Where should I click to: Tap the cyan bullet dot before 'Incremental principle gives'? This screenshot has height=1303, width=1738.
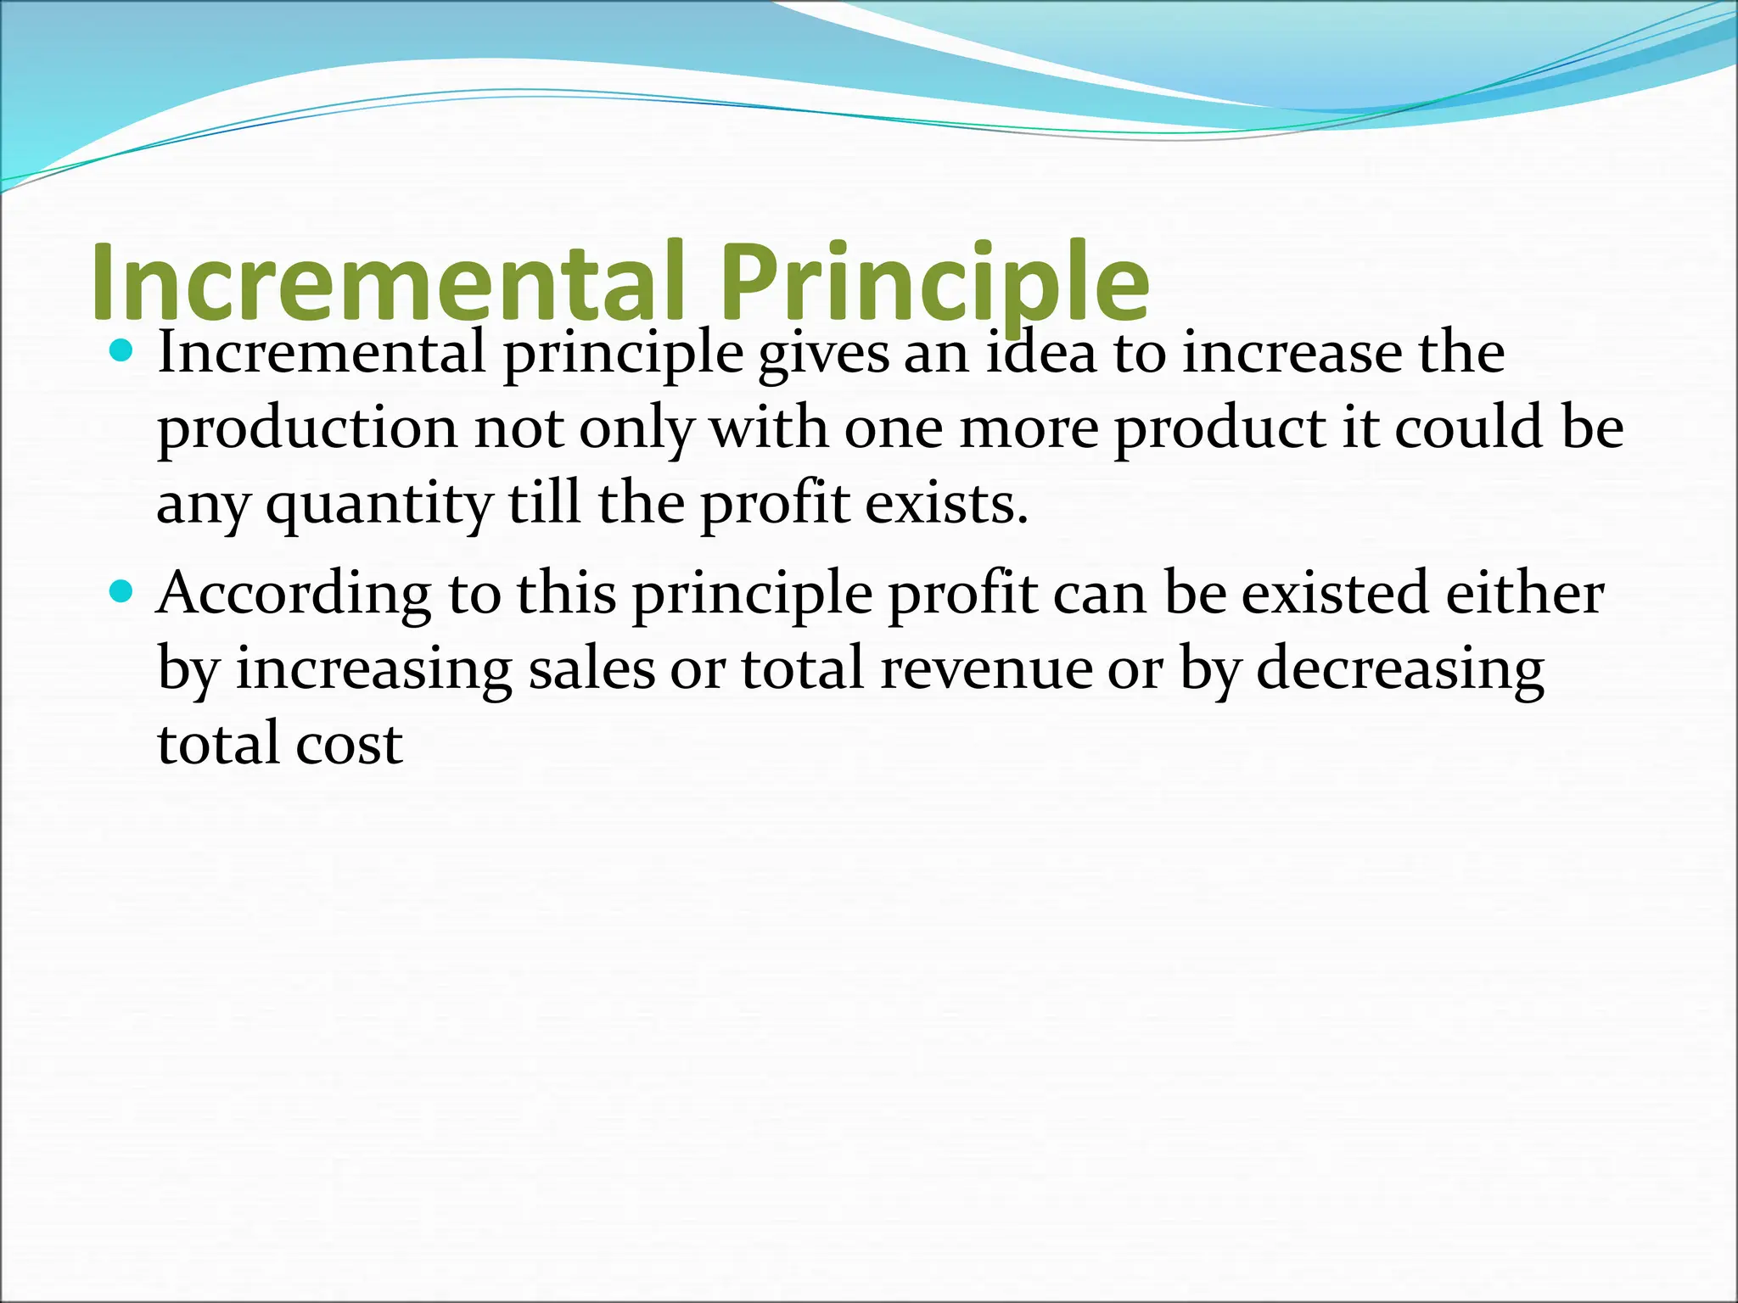(x=123, y=350)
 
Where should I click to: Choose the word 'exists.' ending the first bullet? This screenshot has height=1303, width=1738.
(x=947, y=503)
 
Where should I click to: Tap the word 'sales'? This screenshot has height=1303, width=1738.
(x=591, y=668)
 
